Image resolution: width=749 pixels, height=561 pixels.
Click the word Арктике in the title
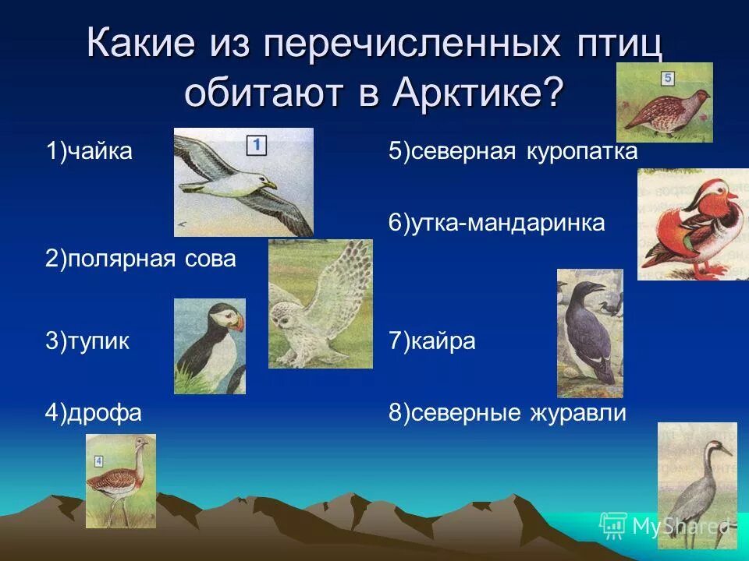coord(476,94)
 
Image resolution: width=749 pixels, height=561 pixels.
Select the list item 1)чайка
coord(88,151)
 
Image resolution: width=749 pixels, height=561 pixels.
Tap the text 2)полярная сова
coord(140,259)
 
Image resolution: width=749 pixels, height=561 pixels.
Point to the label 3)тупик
coord(87,341)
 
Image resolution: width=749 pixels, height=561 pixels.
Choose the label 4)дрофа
coord(93,412)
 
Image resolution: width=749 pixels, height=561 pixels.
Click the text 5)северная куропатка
coord(513,151)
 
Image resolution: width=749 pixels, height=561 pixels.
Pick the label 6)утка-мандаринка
coord(496,223)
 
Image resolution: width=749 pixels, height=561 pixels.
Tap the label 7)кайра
coord(431,341)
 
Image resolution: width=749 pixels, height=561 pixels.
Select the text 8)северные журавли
coord(507,412)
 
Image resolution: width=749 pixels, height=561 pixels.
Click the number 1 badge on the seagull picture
coord(257,145)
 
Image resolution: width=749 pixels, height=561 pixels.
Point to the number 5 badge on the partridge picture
coord(668,78)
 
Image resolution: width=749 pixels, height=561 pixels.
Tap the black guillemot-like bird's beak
coord(597,289)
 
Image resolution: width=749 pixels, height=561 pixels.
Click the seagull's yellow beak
coord(271,185)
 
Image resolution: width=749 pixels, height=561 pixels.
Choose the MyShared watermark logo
coord(613,525)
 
